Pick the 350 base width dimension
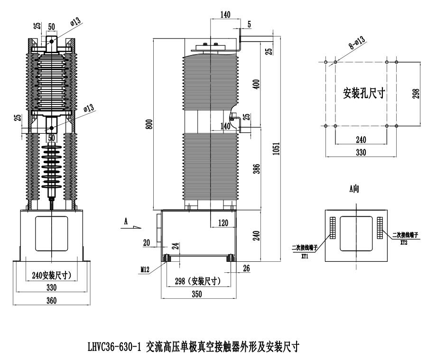click(x=196, y=294)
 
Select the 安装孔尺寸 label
click(x=363, y=93)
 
